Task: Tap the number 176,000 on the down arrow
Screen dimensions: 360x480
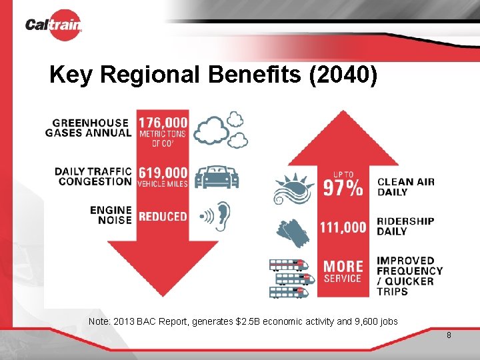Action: [163, 123]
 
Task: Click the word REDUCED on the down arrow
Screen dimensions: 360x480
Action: [163, 216]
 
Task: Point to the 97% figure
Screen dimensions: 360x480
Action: [343, 188]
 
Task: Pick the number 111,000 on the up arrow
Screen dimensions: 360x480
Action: [343, 227]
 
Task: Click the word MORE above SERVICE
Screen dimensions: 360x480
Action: [343, 267]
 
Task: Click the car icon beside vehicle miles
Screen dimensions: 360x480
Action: [218, 177]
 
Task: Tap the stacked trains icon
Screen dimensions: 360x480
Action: [291, 277]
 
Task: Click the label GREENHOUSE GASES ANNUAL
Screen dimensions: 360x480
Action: [88, 127]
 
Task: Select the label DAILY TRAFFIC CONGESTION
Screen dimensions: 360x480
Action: [93, 176]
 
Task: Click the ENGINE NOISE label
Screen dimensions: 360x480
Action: [111, 215]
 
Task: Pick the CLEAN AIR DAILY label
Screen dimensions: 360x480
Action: [405, 187]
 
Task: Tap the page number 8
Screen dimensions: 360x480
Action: [449, 335]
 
